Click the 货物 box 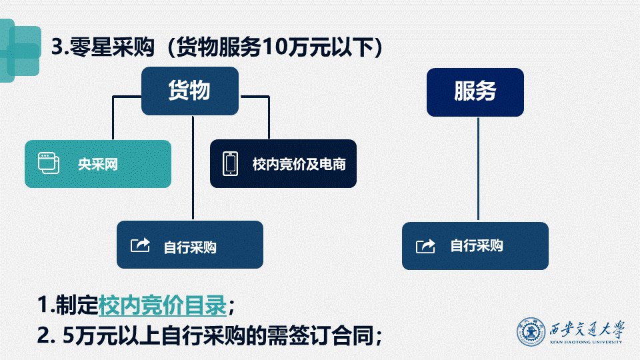tap(189, 91)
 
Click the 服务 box tap(475, 92)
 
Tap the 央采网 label tap(97, 164)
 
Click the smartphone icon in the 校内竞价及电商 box tap(231, 163)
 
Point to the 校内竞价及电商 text tap(299, 164)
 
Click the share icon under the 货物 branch tap(141, 245)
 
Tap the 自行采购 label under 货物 tap(190, 247)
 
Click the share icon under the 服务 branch tap(425, 246)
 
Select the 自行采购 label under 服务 tap(476, 246)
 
